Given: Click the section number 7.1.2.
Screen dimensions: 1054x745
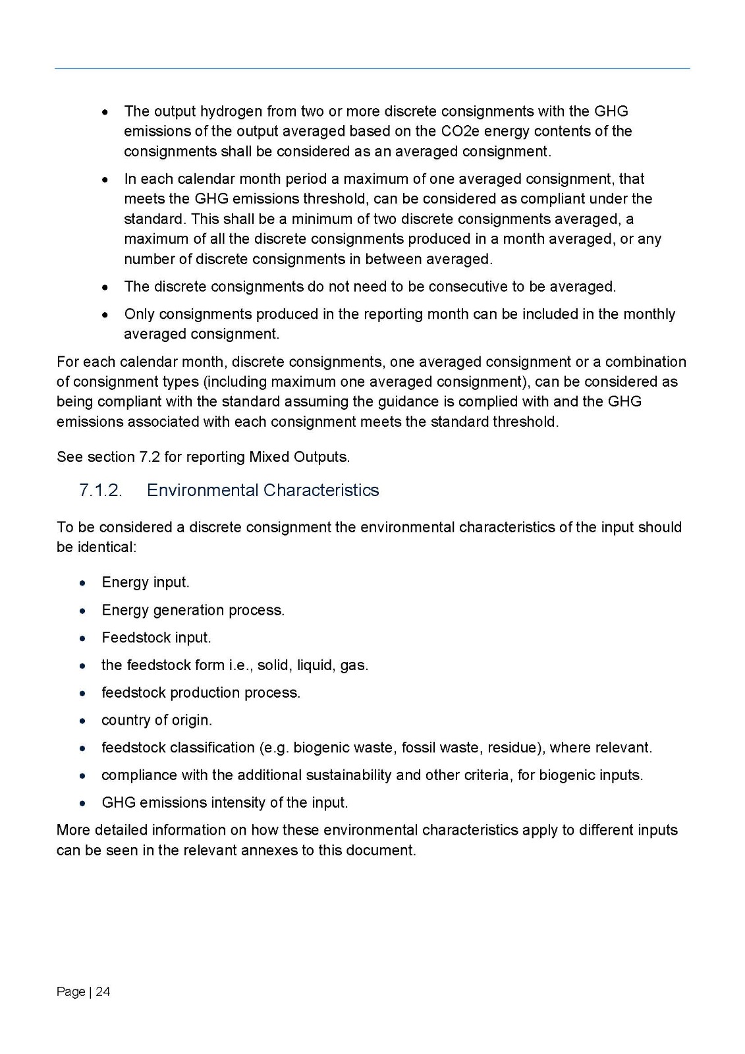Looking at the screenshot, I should tap(101, 491).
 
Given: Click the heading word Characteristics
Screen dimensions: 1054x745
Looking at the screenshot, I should tap(321, 491).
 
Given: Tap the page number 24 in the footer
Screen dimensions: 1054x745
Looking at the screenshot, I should tap(103, 991).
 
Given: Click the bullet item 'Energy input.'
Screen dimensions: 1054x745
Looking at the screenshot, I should tap(145, 582).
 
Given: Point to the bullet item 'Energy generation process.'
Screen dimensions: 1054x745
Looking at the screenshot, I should tap(193, 610).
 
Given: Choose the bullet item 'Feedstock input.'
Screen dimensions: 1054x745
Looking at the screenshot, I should tap(156, 638).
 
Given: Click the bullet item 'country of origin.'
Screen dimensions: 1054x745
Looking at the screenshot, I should tap(157, 720).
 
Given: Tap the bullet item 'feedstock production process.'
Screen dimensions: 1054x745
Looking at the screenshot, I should tap(201, 692).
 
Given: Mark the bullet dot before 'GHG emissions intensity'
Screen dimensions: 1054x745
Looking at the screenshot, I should tap(82, 804).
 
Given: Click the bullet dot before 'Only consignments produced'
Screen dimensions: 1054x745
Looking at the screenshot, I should tap(105, 315).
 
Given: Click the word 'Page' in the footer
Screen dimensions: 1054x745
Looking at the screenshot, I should tap(70, 991).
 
